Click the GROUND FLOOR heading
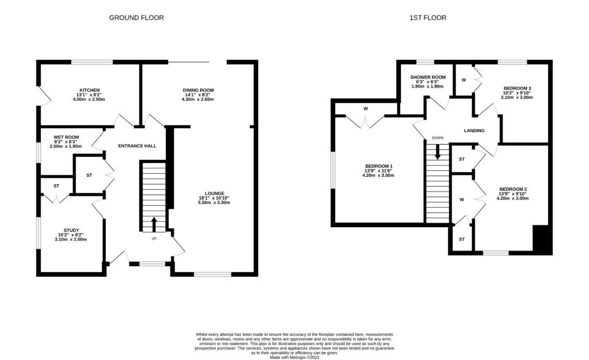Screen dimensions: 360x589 [136, 18]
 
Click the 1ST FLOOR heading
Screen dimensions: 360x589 [427, 18]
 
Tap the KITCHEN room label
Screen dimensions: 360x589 [90, 90]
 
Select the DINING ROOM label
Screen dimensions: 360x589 [198, 90]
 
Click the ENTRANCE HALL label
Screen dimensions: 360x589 [137, 146]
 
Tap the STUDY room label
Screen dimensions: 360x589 [71, 230]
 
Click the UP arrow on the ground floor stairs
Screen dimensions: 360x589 [154, 223]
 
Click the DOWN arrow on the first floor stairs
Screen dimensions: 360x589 [438, 151]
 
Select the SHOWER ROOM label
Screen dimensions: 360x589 [427, 77]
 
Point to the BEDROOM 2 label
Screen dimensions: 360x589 [513, 189]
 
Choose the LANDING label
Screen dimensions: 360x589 [474, 131]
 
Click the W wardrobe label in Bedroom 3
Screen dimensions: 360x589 [464, 80]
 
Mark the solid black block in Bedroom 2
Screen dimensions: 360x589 [542, 239]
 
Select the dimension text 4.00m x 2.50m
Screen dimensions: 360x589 [90, 99]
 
